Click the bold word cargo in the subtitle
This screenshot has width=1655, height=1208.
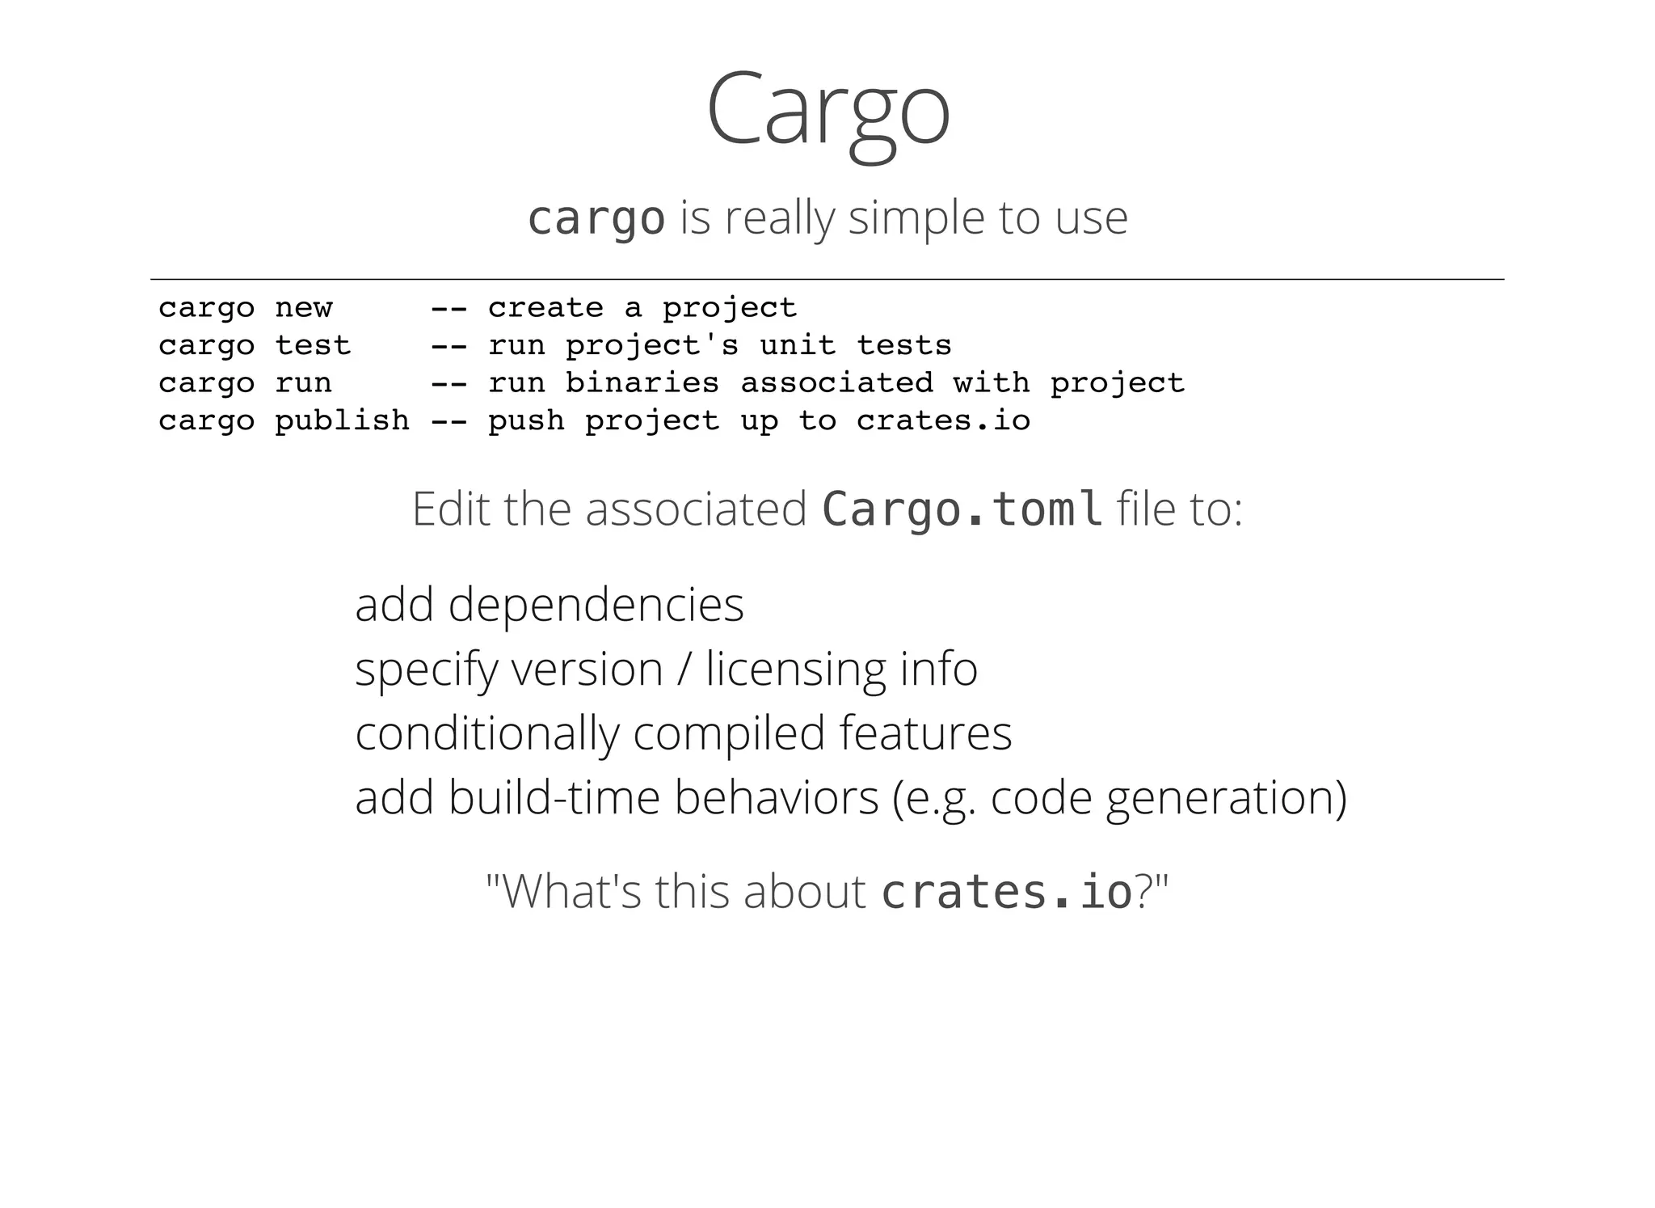(x=596, y=218)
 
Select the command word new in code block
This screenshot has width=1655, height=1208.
(x=303, y=308)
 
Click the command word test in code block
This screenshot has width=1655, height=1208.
(x=313, y=346)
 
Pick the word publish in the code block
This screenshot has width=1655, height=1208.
(x=342, y=420)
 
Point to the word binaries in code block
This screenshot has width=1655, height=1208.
(x=642, y=382)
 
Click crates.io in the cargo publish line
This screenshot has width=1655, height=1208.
(x=943, y=420)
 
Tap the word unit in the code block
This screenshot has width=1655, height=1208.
(x=798, y=346)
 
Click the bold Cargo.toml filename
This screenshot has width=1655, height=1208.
(x=962, y=509)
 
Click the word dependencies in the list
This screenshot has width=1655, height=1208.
(x=596, y=605)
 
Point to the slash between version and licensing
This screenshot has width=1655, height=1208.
(x=684, y=669)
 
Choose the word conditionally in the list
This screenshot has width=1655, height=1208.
(x=486, y=733)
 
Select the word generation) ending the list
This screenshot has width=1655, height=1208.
(x=1226, y=797)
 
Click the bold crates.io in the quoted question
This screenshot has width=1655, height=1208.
(x=1006, y=892)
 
